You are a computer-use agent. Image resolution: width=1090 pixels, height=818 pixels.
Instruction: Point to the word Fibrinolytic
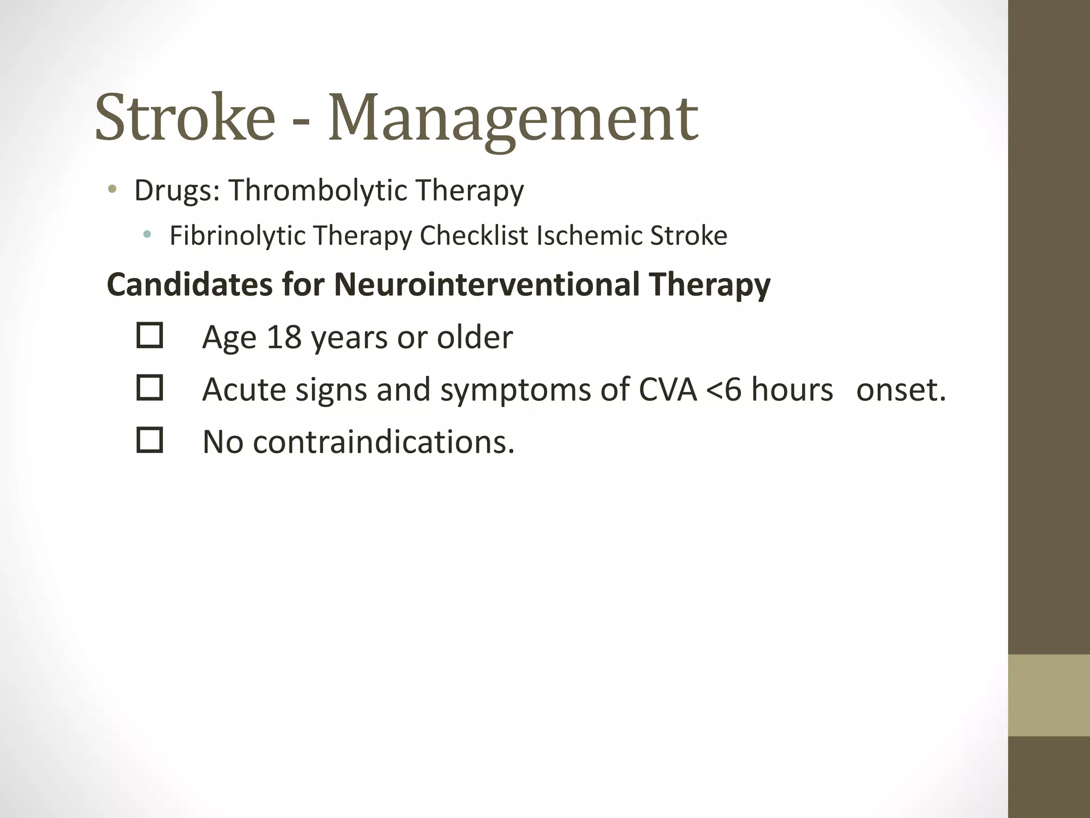237,236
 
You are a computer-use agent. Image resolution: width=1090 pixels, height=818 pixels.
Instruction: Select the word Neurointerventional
486,284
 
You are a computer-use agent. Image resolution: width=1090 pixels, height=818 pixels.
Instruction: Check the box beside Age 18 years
150,336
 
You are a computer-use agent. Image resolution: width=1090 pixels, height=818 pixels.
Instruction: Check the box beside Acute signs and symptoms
150,388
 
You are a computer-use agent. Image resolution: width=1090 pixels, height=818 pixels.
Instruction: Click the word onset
901,390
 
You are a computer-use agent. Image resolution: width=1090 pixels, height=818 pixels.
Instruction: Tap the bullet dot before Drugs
112,189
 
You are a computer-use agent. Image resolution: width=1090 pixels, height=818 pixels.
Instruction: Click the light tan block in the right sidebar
1048,695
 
